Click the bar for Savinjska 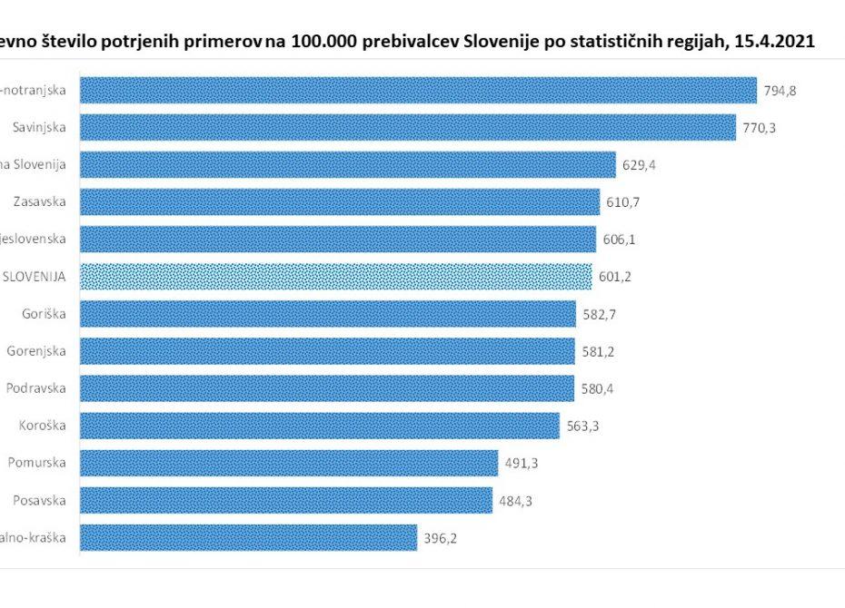(x=408, y=128)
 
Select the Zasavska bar (x=340, y=202)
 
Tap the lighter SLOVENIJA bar (x=336, y=277)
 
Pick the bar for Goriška (x=328, y=314)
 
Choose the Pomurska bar (x=290, y=463)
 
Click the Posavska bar (x=286, y=500)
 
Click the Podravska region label (x=36, y=388)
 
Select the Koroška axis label (x=43, y=426)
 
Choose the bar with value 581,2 (x=328, y=351)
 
